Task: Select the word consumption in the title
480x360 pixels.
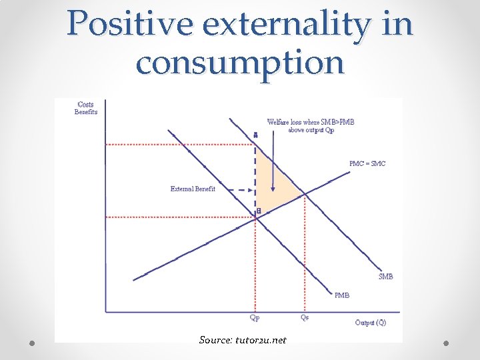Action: [x=239, y=63]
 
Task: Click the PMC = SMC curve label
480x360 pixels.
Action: [x=367, y=164]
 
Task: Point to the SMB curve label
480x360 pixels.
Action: [x=385, y=276]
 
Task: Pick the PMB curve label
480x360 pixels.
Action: [x=341, y=294]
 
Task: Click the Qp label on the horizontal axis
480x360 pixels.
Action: [x=255, y=318]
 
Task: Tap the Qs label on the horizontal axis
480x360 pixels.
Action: [x=305, y=318]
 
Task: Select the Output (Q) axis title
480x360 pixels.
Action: [x=370, y=323]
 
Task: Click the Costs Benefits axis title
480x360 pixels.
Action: [x=86, y=108]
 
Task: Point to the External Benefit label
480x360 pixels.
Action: [x=193, y=189]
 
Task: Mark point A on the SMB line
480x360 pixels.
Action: [x=255, y=135]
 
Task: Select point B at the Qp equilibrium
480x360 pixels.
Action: [x=259, y=211]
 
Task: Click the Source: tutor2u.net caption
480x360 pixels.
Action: [x=243, y=340]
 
